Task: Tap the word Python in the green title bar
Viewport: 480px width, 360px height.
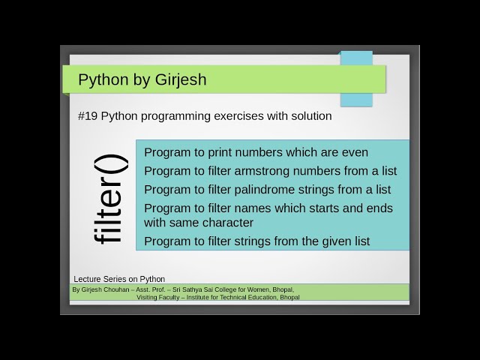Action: [103, 79]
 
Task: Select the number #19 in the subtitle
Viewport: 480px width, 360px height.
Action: [87, 116]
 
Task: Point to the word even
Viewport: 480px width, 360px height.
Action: [354, 152]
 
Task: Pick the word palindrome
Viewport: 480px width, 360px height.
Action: [274, 189]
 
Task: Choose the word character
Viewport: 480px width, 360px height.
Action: [228, 223]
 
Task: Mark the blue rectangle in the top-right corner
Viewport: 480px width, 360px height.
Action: [356, 78]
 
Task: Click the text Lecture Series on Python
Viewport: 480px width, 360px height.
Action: [119, 279]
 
